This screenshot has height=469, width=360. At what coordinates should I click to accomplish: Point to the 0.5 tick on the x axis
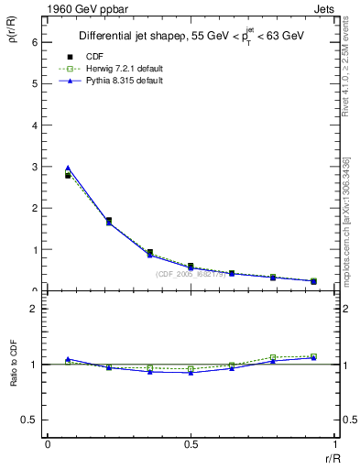[190, 443]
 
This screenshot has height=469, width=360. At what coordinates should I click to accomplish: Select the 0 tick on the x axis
[47, 443]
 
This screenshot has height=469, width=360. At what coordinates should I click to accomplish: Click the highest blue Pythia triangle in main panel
[68, 169]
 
